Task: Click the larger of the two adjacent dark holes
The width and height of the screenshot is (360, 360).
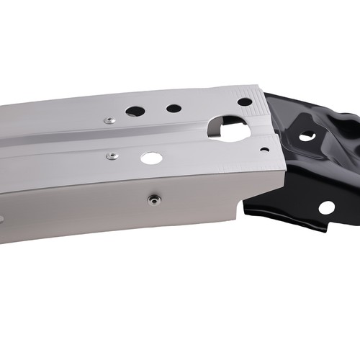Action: click(135, 111)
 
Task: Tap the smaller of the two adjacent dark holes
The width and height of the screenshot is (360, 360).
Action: click(174, 109)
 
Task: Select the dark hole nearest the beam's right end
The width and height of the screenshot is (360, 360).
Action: click(245, 102)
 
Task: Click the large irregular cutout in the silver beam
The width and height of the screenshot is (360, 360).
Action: click(229, 129)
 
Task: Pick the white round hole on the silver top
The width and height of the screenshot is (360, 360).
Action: click(151, 158)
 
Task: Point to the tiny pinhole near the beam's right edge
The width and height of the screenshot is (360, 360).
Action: click(264, 150)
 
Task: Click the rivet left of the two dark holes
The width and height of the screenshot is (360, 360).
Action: click(109, 120)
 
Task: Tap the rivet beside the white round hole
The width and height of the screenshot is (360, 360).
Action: click(112, 156)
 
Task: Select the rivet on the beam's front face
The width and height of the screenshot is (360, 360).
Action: click(153, 199)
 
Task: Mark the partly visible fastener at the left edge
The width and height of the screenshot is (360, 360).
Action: click(1, 220)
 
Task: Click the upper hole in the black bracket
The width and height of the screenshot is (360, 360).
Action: click(307, 135)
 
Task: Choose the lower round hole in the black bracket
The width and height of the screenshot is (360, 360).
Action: click(326, 207)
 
